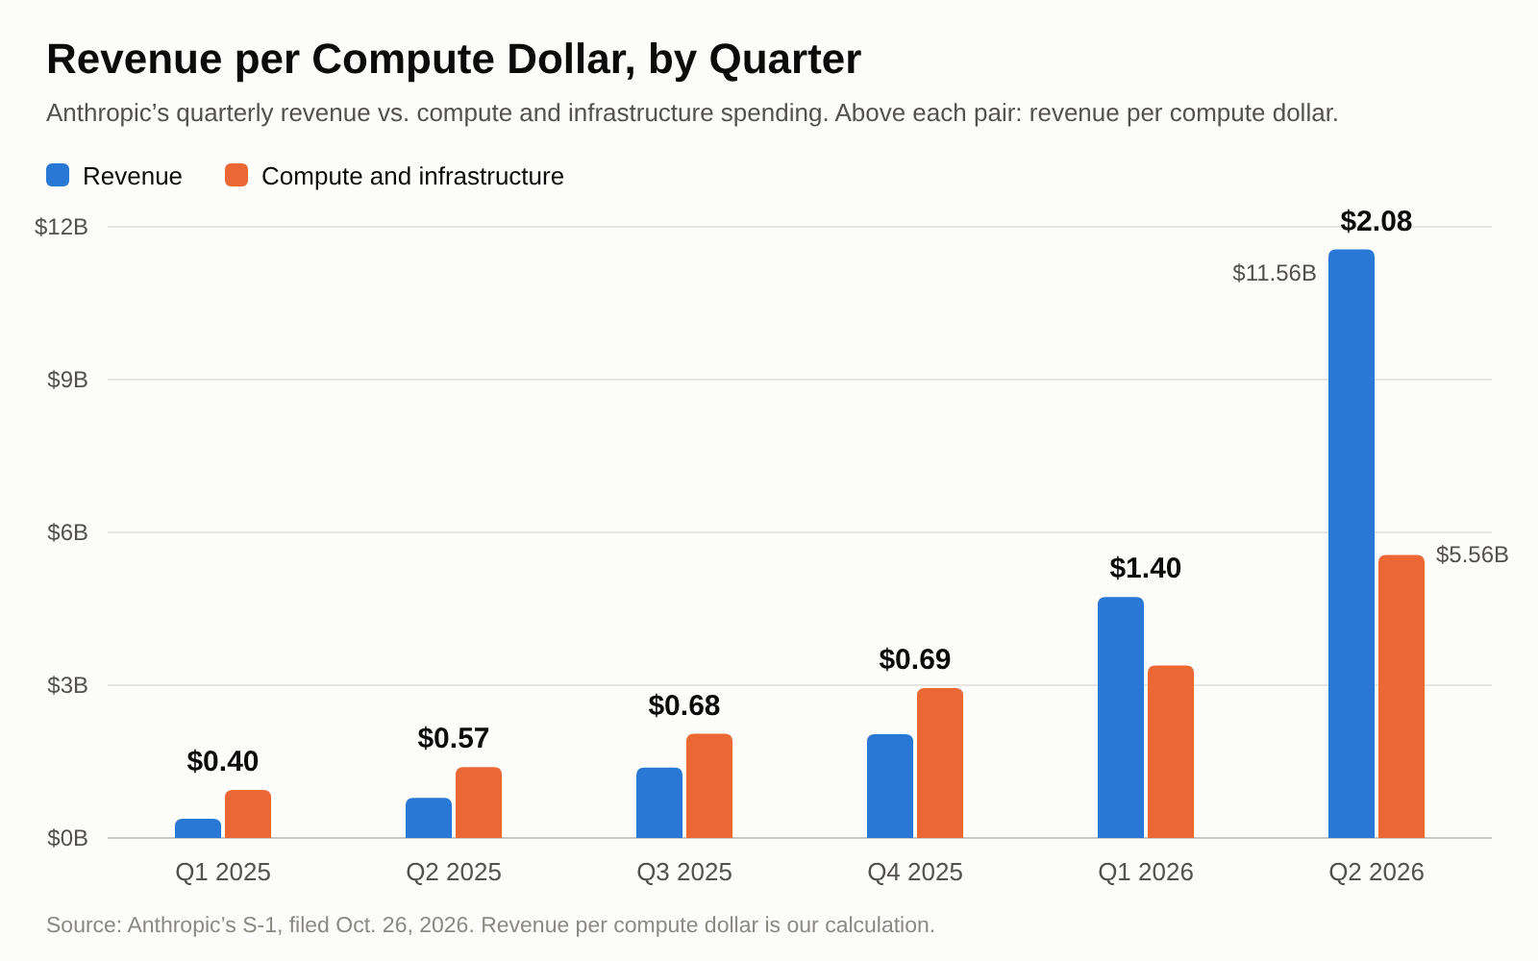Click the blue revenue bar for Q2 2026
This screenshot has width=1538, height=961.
pos(1352,544)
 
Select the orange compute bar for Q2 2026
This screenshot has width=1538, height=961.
pos(1402,697)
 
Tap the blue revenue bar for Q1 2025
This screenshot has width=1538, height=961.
pos(198,828)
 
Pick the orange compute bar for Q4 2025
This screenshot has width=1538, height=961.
pos(940,763)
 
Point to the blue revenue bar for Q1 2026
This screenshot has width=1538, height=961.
pos(1121,718)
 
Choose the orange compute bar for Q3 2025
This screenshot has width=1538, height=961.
pos(709,786)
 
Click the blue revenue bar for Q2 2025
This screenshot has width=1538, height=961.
pos(429,818)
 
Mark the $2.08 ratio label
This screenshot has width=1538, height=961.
pos(1376,221)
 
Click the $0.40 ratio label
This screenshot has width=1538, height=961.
pos(222,761)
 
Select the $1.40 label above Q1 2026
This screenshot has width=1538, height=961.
pos(1145,568)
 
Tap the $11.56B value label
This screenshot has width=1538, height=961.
pos(1275,273)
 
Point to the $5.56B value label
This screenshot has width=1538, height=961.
pos(1472,554)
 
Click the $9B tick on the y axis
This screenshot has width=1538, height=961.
pos(67,380)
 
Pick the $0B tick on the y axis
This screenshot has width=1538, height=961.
pos(67,838)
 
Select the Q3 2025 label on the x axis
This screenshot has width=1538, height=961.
pos(683,873)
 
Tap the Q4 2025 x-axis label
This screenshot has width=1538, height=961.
pos(914,873)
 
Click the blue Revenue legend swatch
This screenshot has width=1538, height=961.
pos(58,175)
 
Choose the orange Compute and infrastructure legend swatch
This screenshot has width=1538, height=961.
pos(236,175)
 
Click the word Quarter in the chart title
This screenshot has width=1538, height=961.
pos(784,60)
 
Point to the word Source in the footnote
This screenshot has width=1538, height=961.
pos(84,925)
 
